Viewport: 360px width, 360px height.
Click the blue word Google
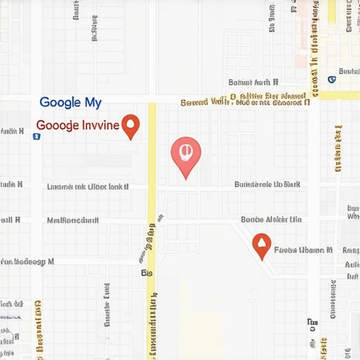click(x=59, y=103)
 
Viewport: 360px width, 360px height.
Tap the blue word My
click(x=93, y=103)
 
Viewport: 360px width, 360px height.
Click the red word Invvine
click(x=101, y=127)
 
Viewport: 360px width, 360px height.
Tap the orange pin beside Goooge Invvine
click(x=130, y=126)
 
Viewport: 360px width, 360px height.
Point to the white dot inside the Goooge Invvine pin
click(x=130, y=124)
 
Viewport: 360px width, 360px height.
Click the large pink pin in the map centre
click(x=186, y=155)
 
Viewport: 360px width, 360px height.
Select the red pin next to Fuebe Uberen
click(x=262, y=245)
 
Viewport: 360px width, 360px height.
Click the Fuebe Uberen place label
click(x=303, y=250)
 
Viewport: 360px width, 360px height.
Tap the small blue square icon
click(x=37, y=136)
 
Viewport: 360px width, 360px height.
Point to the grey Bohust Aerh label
click(x=257, y=82)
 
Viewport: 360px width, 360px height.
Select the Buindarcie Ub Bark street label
click(x=267, y=185)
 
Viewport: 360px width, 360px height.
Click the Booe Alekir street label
click(x=271, y=219)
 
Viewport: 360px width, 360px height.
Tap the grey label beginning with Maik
click(x=73, y=220)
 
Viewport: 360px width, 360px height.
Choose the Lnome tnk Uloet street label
click(x=87, y=187)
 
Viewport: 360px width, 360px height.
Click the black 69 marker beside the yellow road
click(x=146, y=271)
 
